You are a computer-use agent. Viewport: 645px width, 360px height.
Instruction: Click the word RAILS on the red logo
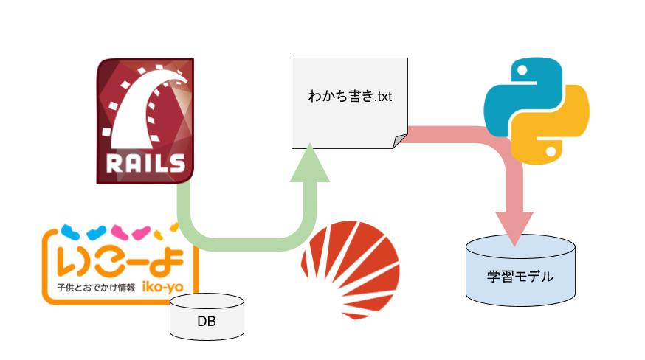tap(145, 163)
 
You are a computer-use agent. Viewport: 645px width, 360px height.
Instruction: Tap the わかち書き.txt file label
tap(350, 97)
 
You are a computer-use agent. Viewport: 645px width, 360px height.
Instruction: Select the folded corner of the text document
tap(400, 141)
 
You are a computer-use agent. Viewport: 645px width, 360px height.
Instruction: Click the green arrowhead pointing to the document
tap(310, 163)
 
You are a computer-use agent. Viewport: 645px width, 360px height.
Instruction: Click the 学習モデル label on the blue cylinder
tap(520, 276)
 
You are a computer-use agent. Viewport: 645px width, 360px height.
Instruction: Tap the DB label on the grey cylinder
tap(207, 321)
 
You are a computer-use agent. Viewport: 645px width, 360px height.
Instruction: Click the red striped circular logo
tap(351, 270)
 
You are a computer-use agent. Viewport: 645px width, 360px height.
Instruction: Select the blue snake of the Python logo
tap(517, 95)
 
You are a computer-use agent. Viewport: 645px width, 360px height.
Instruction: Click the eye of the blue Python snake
tap(522, 70)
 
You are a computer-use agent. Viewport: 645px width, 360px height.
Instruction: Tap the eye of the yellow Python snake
tap(551, 151)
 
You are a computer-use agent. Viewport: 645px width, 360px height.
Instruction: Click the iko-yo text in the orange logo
tap(162, 286)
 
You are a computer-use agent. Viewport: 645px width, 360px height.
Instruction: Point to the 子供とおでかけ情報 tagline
tap(96, 288)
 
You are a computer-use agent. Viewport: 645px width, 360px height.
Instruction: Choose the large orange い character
tap(74, 261)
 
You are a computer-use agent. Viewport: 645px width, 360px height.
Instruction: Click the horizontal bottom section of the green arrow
tap(246, 244)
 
